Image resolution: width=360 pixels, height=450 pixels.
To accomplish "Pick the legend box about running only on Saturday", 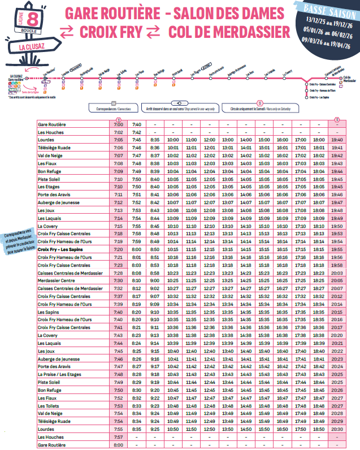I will click(x=259, y=107).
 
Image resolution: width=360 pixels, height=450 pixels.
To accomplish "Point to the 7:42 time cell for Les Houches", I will click(x=136, y=132).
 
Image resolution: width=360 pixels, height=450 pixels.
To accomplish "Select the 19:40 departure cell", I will click(x=337, y=140).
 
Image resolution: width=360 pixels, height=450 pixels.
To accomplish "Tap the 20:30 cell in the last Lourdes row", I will click(x=337, y=429).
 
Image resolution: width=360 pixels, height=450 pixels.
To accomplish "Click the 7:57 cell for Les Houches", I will click(x=119, y=437).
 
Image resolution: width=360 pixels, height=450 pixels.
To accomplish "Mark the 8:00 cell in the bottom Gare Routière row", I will click(x=119, y=445).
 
